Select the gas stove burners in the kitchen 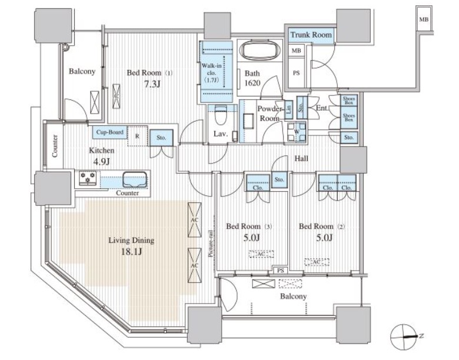[x=88, y=178]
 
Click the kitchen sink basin [x=135, y=179]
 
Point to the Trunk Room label [x=311, y=35]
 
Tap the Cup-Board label [x=110, y=132]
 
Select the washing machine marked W [x=296, y=132]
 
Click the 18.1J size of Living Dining [x=131, y=252]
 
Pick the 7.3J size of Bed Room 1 [x=152, y=84]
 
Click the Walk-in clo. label [x=211, y=69]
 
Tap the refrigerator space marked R [x=137, y=136]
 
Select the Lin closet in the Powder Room [x=288, y=109]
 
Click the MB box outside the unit [x=424, y=19]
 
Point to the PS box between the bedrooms [x=281, y=271]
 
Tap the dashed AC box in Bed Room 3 [x=261, y=254]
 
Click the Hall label [x=301, y=158]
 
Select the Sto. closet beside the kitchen [x=161, y=138]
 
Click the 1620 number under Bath [x=252, y=83]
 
